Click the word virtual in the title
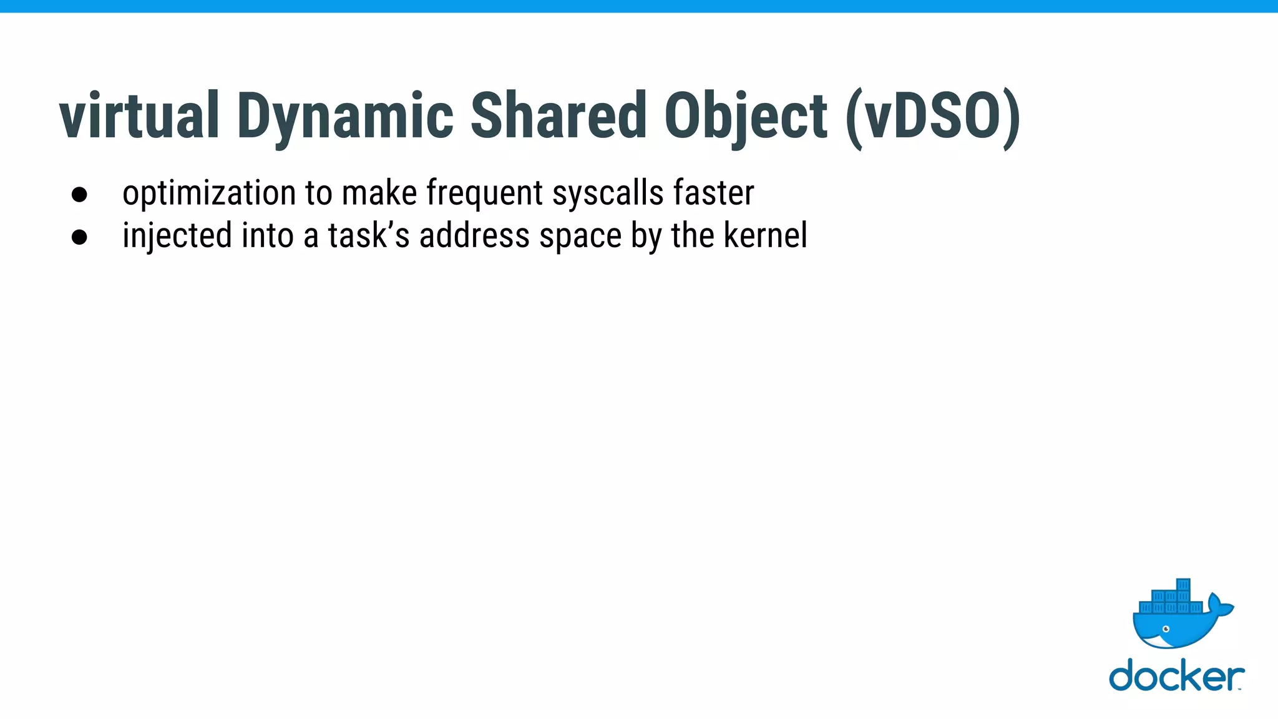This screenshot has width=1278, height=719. [x=139, y=116]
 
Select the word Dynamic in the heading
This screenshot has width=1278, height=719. [x=345, y=116]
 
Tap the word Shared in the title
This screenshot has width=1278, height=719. [x=559, y=116]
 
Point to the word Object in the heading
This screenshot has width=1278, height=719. [x=746, y=116]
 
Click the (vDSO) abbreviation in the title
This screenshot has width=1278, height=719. [x=933, y=116]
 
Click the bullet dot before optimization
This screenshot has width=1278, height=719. [x=79, y=194]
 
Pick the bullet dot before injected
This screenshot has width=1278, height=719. [x=79, y=237]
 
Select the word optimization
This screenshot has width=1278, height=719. [x=209, y=193]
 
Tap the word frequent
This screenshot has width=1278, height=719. [x=485, y=193]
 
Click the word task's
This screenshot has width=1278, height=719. [x=369, y=236]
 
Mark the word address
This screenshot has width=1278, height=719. [x=474, y=236]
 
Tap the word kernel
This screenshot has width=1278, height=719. [x=765, y=236]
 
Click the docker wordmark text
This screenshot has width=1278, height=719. [x=1176, y=676]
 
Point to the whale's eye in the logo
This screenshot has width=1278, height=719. [x=1165, y=629]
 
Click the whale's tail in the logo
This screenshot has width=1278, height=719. [x=1220, y=604]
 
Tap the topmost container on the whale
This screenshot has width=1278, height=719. [x=1183, y=585]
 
